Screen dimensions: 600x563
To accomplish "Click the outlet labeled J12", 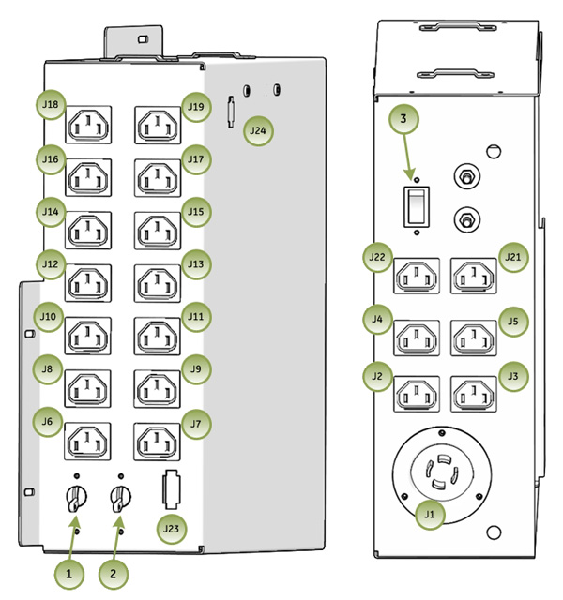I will coord(87,280).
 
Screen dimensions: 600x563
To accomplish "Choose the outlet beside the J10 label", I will coord(87,333).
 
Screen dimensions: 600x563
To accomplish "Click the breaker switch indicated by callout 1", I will coord(73,499).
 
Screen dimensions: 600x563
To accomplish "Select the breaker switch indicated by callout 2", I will coord(119,499).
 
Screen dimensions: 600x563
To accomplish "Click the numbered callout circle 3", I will coord(403,119).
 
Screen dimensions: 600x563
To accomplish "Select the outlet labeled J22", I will coord(418,277).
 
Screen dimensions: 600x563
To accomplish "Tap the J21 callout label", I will coord(512,256).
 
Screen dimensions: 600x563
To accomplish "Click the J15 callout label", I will coord(194,212).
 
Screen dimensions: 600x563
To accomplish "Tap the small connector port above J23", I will coord(170,488).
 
